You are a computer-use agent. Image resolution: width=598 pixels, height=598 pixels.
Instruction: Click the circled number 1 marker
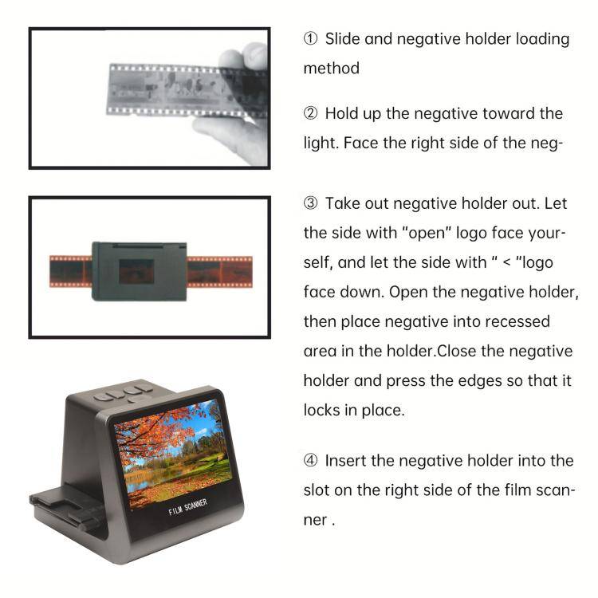[x=311, y=39]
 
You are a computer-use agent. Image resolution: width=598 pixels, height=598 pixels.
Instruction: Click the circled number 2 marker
[x=311, y=114]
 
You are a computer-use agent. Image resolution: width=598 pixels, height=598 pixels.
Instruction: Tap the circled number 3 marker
[x=311, y=203]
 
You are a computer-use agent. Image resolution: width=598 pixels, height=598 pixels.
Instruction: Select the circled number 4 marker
[x=311, y=460]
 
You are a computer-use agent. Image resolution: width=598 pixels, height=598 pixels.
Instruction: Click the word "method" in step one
[x=331, y=69]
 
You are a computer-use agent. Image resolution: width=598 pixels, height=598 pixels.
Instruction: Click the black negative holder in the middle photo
[x=139, y=270]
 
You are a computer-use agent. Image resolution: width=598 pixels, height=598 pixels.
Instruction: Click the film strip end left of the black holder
[x=70, y=270]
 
